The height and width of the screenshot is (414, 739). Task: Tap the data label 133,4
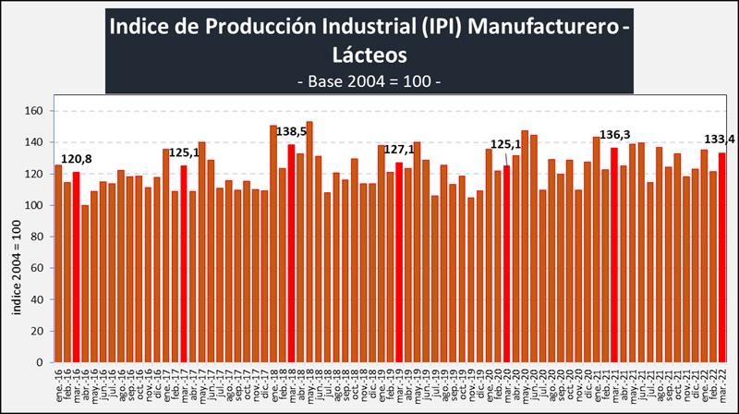(x=719, y=140)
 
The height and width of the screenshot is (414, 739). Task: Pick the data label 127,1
(x=400, y=150)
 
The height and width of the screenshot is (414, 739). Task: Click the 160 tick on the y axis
(x=35, y=111)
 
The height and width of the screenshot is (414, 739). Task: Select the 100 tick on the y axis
(x=35, y=205)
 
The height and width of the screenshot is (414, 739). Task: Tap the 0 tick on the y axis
(x=42, y=362)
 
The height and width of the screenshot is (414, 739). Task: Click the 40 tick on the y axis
(x=38, y=299)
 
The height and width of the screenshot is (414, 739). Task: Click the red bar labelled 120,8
(x=76, y=267)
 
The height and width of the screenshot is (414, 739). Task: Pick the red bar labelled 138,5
(x=292, y=253)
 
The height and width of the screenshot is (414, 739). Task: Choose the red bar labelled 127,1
(x=399, y=262)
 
